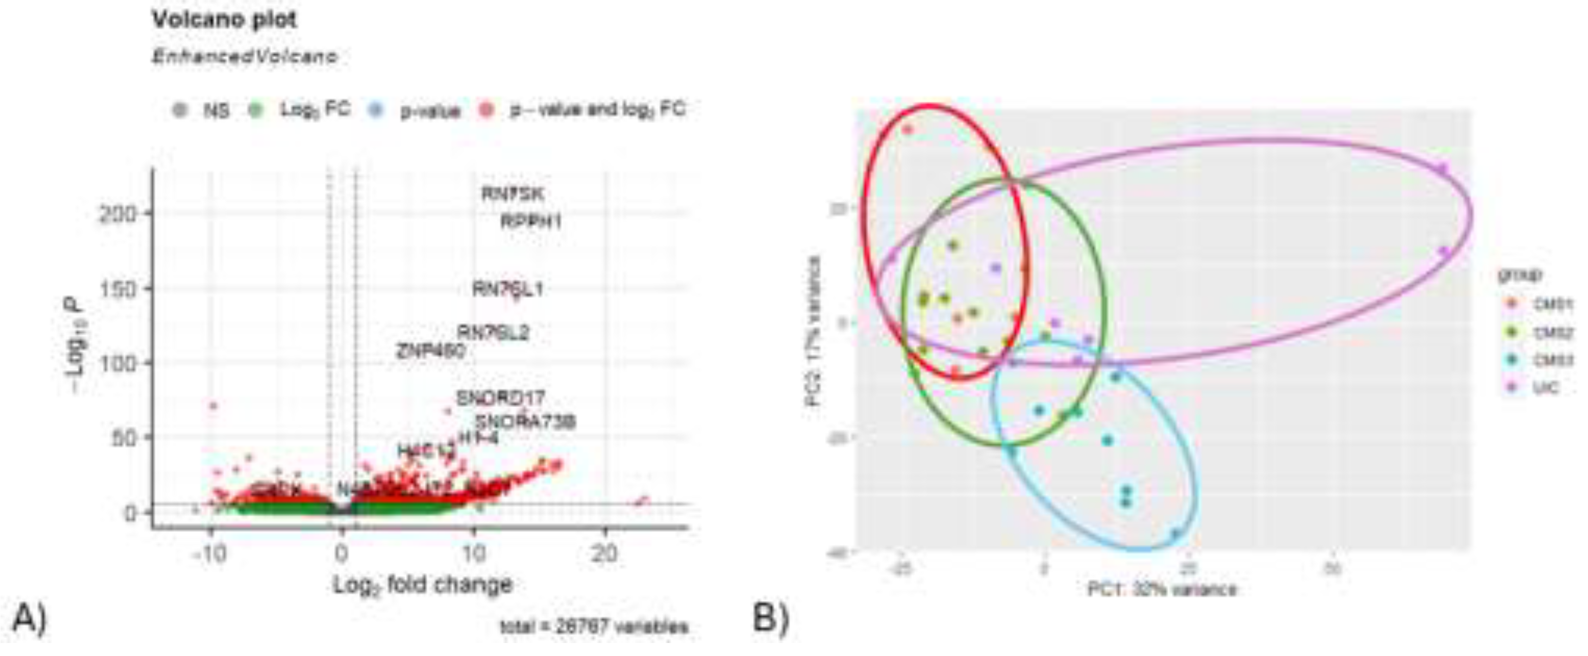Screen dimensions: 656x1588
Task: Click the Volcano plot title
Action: pyautogui.click(x=224, y=20)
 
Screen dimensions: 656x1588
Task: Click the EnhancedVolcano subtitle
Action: pyautogui.click(x=244, y=57)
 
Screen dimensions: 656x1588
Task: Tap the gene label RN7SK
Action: pyautogui.click(x=512, y=194)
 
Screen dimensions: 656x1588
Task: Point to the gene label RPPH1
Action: pyautogui.click(x=531, y=221)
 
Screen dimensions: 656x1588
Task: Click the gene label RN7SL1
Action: pyautogui.click(x=507, y=289)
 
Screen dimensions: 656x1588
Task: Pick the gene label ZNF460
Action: pyautogui.click(x=430, y=352)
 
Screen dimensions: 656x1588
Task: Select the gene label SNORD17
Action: pyautogui.click(x=500, y=398)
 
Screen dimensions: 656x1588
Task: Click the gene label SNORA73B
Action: pyautogui.click(x=525, y=422)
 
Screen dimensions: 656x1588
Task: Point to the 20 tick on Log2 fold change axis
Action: pyautogui.click(x=604, y=553)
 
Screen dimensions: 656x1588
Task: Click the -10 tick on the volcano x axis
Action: pyautogui.click(x=209, y=553)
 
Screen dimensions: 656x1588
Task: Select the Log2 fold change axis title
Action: pyautogui.click(x=423, y=584)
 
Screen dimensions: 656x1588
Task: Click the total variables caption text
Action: pyautogui.click(x=594, y=627)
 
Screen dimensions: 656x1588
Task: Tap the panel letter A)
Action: pyautogui.click(x=29, y=618)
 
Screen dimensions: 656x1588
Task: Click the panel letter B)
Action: pyautogui.click(x=771, y=618)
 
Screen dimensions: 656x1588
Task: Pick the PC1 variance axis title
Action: pyautogui.click(x=1161, y=590)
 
